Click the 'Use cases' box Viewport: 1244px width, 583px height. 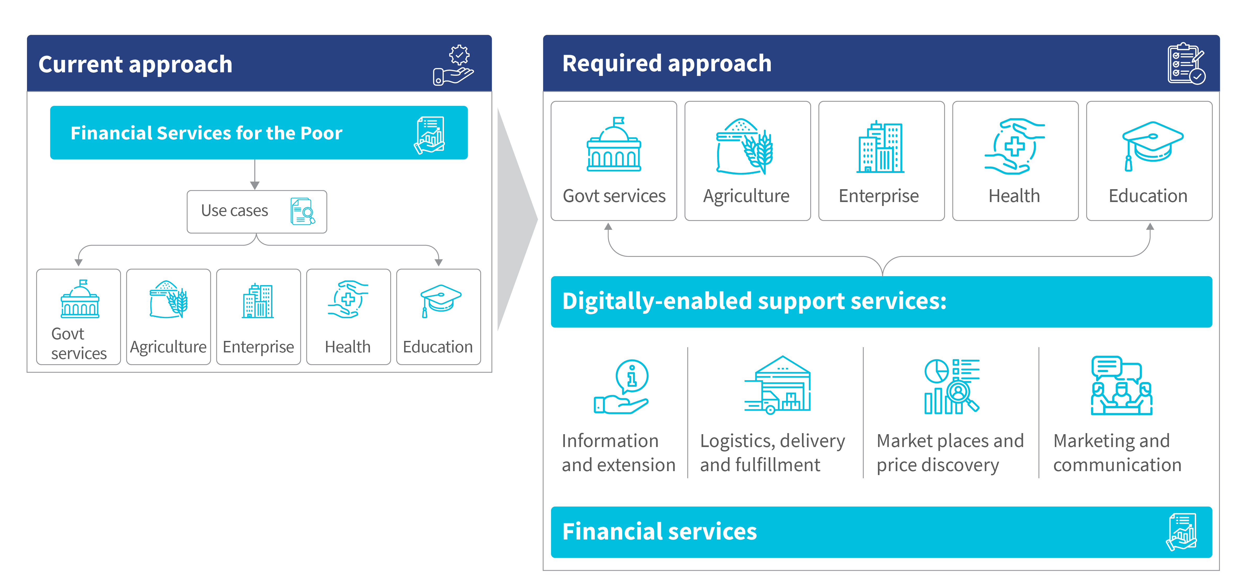click(257, 211)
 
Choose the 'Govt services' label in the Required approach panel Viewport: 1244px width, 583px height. click(614, 196)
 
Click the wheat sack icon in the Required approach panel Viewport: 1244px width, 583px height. click(744, 146)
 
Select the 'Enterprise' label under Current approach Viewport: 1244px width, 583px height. click(258, 347)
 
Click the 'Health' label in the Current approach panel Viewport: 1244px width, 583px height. click(348, 347)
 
